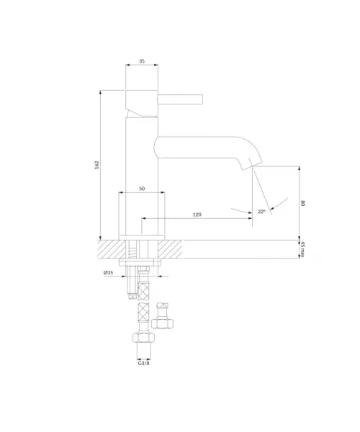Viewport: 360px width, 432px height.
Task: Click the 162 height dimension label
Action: [x=96, y=165]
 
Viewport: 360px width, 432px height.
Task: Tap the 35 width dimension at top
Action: [x=142, y=61]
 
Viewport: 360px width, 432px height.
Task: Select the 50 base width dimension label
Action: [x=142, y=189]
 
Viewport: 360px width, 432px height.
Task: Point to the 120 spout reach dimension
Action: [x=197, y=215]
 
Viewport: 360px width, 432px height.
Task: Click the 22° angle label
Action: [x=261, y=211]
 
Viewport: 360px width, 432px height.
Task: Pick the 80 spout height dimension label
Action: [x=303, y=203]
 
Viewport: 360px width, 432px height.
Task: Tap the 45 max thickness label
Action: [x=302, y=249]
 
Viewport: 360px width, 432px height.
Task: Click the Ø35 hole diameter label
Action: [x=108, y=272]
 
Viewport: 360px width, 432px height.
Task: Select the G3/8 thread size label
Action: [x=143, y=363]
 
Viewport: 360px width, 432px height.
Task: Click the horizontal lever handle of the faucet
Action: [x=181, y=99]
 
